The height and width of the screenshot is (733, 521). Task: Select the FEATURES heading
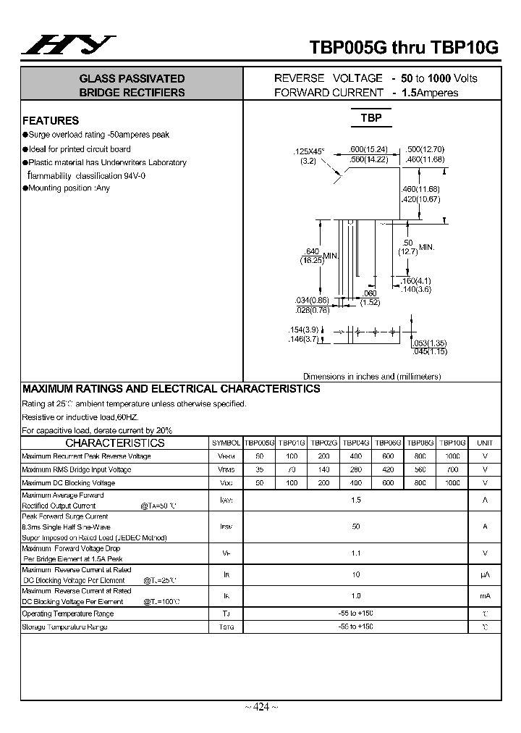(51, 121)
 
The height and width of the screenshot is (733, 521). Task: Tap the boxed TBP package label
(371, 117)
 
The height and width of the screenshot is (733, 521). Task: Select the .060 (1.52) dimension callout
(370, 298)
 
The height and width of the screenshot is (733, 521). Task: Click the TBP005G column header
(259, 443)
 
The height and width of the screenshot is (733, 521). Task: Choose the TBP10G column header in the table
(452, 443)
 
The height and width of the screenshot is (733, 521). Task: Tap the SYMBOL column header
(226, 443)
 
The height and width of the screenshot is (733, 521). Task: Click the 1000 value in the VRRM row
(452, 456)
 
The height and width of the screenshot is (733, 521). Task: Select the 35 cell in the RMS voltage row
(259, 469)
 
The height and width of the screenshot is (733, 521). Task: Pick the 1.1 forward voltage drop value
(355, 553)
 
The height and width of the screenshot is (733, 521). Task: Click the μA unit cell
(485, 575)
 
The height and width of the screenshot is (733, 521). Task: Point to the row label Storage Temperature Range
(65, 627)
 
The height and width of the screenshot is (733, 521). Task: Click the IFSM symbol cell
(226, 527)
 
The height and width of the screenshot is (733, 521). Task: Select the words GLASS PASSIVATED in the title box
(132, 78)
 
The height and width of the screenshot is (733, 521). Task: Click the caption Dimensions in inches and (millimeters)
(372, 377)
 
